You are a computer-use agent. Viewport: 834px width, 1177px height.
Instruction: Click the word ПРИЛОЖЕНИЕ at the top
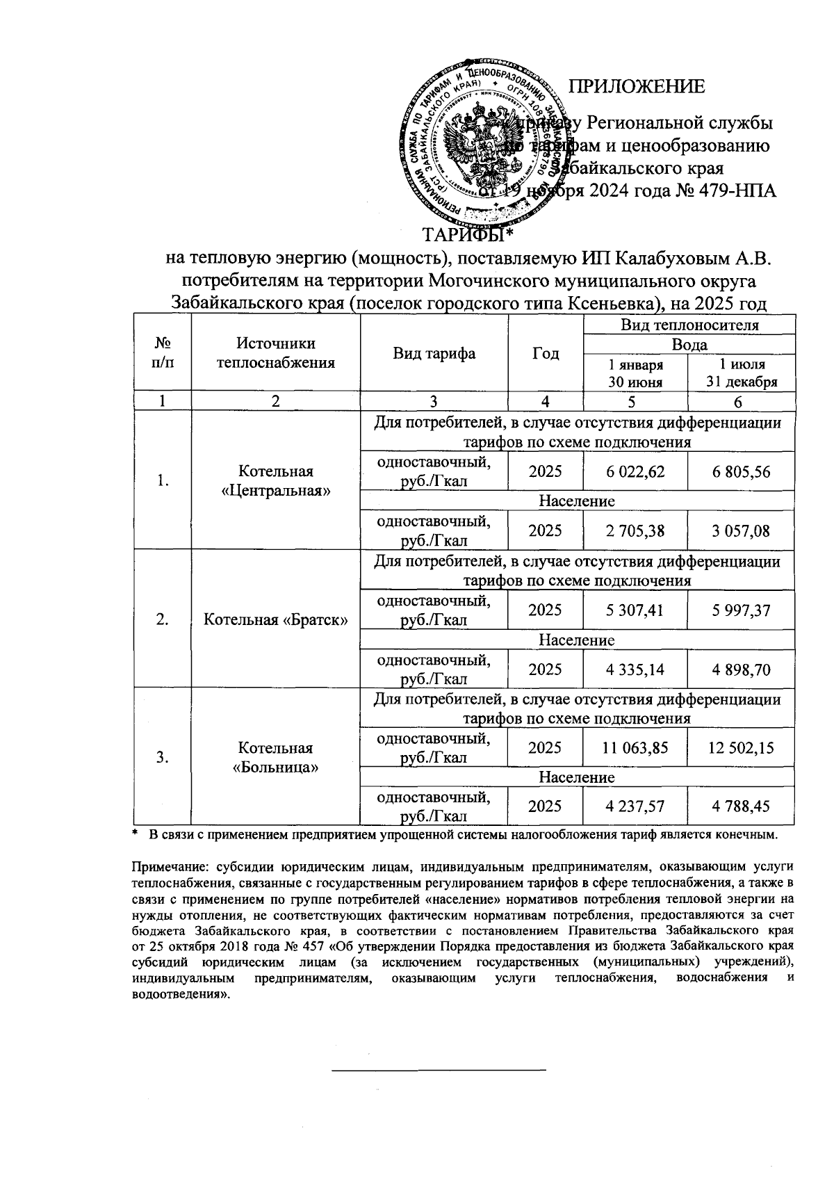coord(637,87)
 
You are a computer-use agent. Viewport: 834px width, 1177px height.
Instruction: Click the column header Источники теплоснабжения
coord(276,353)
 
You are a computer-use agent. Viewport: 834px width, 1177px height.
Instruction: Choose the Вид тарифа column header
coord(434,353)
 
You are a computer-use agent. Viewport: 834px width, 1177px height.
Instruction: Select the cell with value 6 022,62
coord(635,472)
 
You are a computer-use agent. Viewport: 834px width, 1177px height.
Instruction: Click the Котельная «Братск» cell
coord(276,619)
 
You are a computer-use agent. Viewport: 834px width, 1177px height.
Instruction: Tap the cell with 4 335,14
coord(635,669)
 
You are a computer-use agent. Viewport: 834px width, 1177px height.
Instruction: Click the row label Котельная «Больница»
coord(276,758)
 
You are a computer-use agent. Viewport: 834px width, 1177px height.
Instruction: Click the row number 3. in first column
coord(162,758)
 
